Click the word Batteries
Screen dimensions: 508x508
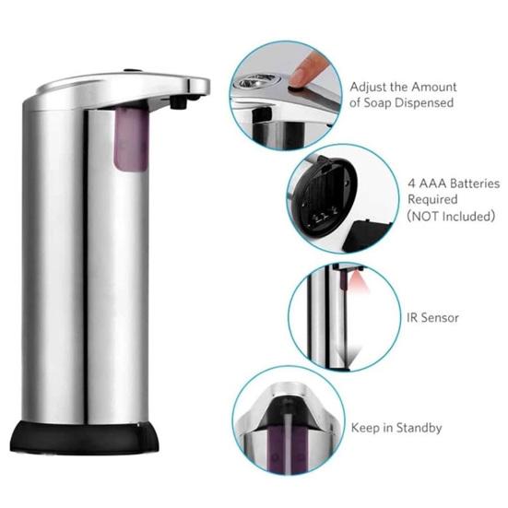[467, 183]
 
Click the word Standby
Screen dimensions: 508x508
[416, 428]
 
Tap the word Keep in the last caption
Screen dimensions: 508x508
[365, 428]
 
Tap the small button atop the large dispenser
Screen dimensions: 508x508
[126, 69]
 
